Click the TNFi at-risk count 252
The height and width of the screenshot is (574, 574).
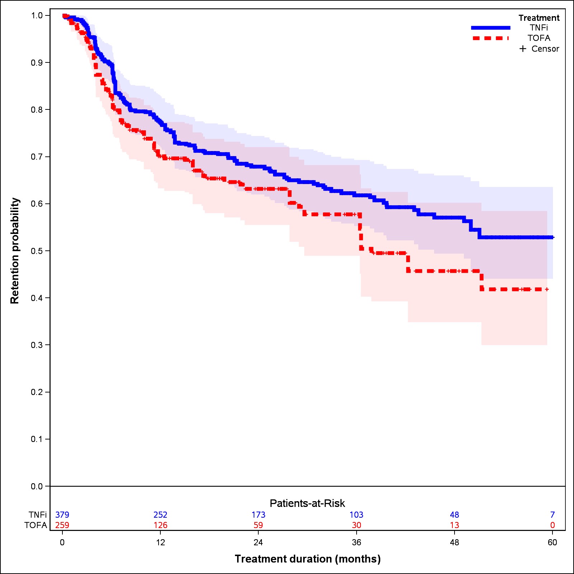point(160,515)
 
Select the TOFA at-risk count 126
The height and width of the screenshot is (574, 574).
point(160,525)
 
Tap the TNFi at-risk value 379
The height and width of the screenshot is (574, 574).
point(62,515)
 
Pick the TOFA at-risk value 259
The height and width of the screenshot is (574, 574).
point(62,525)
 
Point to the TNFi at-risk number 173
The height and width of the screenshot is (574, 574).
point(258,515)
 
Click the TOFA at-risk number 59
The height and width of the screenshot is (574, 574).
point(258,525)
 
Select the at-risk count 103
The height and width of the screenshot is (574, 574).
point(356,515)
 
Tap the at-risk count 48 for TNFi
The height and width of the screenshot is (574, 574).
point(454,515)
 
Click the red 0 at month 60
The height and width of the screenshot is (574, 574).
point(552,525)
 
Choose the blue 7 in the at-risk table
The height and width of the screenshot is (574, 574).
point(552,515)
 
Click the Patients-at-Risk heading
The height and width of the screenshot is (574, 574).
point(307,503)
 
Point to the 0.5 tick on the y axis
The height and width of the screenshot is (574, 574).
point(37,251)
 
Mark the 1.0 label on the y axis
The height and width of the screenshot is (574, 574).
point(37,15)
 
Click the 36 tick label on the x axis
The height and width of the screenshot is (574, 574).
point(356,542)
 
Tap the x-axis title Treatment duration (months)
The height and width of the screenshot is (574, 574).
point(307,559)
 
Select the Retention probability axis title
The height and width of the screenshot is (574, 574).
point(15,251)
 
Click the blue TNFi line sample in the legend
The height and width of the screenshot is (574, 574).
point(490,28)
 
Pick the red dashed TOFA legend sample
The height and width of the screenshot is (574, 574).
point(490,38)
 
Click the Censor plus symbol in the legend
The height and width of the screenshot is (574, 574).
point(523,49)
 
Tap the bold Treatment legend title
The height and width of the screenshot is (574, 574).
point(538,18)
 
